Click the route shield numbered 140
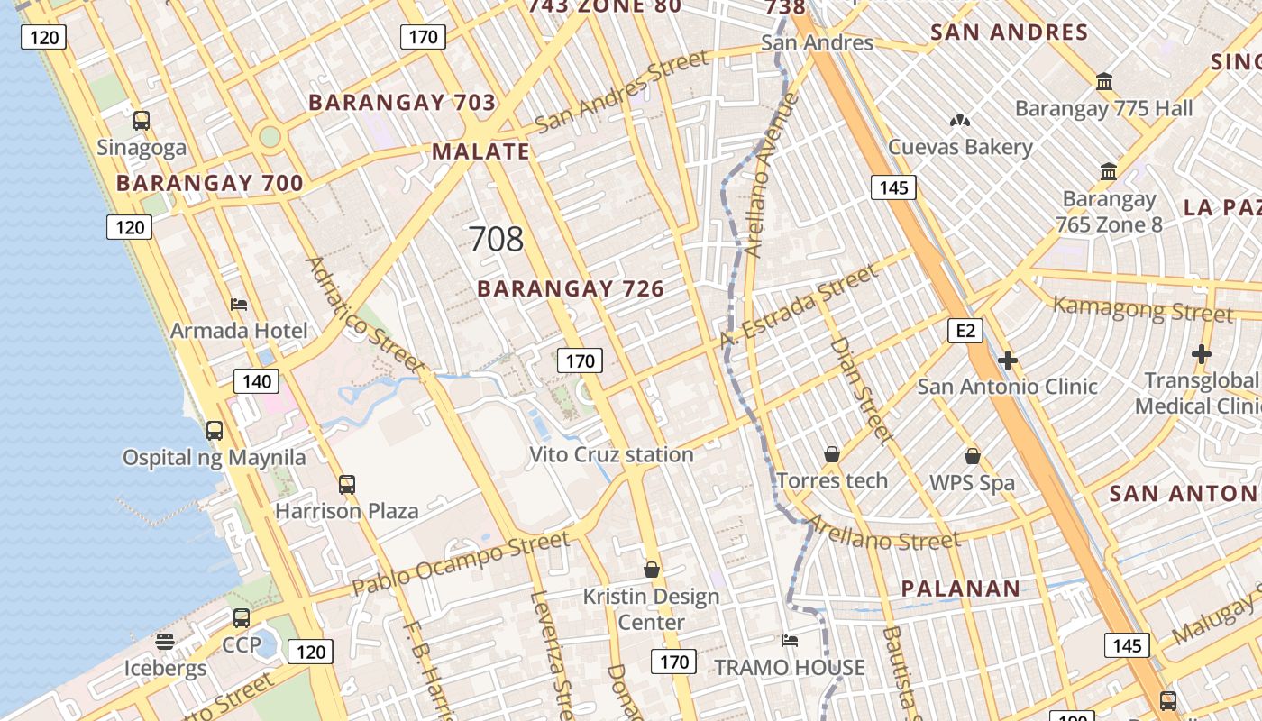[x=257, y=381]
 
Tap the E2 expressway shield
[x=965, y=331]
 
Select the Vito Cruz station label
[x=611, y=454]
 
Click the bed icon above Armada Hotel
[x=239, y=305]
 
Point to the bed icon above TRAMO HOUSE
[x=790, y=641]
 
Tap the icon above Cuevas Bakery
[x=960, y=120]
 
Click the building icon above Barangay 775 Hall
[x=1104, y=82]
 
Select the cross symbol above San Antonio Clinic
[x=1007, y=361]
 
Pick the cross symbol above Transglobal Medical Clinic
[x=1201, y=355]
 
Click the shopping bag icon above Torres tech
[x=832, y=455]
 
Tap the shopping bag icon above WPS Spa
[x=972, y=457]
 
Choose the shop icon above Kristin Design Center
[x=652, y=570]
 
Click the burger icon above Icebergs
[x=165, y=642]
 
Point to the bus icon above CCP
[x=242, y=618]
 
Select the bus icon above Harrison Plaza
[x=347, y=485]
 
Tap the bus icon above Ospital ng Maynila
[x=215, y=431]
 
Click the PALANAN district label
[x=961, y=589]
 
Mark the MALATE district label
[x=481, y=151]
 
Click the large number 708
[x=496, y=239]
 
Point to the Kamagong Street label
[x=1142, y=308]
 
